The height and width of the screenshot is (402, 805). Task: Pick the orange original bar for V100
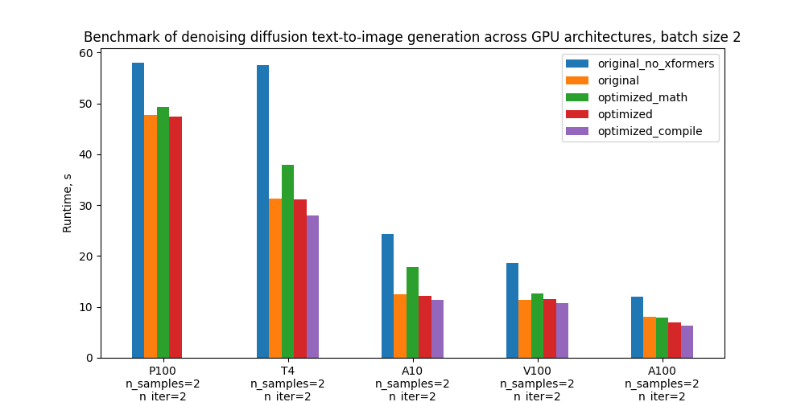coord(525,329)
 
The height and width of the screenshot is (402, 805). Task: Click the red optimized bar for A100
coord(675,340)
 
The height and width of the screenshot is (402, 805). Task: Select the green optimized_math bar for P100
coord(163,232)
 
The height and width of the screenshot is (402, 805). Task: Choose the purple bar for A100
coord(687,342)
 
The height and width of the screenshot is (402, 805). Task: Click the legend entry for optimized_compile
coord(650,131)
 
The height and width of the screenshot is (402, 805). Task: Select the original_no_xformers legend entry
coord(655,64)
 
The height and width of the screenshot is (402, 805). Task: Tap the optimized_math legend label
coord(642,97)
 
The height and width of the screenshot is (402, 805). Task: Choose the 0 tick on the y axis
coord(89,358)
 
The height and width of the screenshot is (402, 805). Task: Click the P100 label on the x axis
coord(163,371)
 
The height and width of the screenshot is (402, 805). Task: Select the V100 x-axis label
coord(538,371)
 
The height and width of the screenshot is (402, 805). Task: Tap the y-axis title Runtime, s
coord(68,205)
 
